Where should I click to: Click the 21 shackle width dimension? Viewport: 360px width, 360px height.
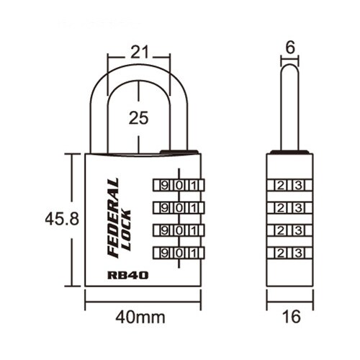[x=140, y=52]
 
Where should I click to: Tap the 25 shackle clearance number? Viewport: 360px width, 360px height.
[x=138, y=118]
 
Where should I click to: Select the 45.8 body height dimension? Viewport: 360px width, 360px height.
[x=62, y=219]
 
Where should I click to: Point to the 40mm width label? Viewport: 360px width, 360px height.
[x=140, y=318]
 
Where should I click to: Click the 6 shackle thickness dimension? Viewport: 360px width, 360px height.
[x=290, y=48]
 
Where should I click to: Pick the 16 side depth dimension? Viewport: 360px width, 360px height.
[x=292, y=316]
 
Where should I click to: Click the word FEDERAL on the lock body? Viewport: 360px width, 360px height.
[x=113, y=218]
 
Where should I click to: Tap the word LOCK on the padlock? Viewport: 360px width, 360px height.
[x=127, y=230]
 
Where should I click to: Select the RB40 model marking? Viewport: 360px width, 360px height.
[x=128, y=275]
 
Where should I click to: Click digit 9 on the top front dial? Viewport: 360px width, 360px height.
[x=164, y=185]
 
